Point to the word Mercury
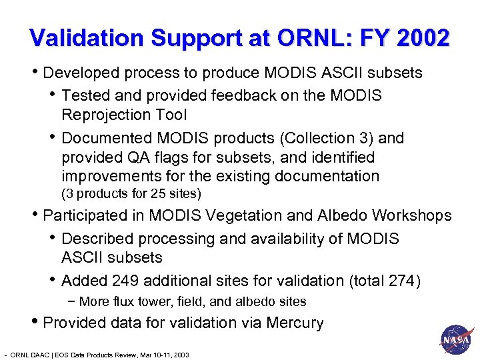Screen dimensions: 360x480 coord(295,323)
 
